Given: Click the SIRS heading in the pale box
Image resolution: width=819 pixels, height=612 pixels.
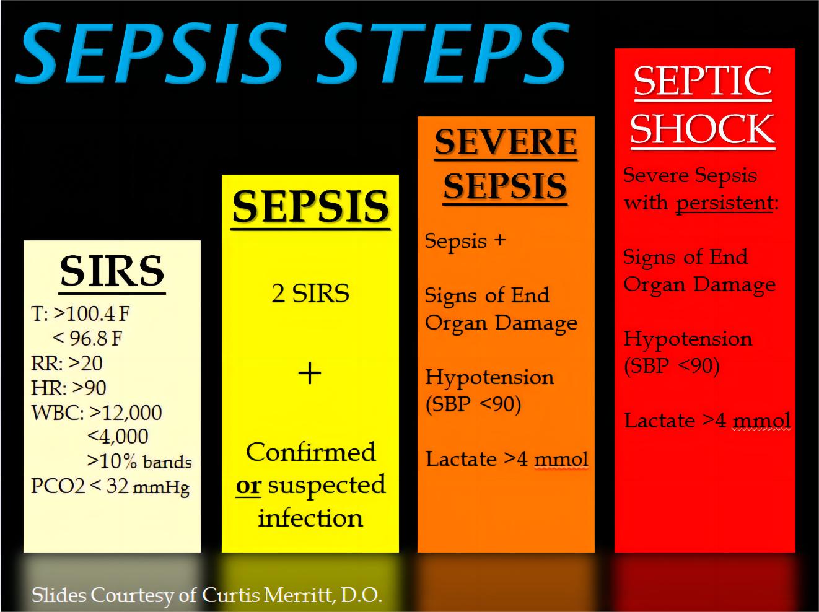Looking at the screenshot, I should (112, 271).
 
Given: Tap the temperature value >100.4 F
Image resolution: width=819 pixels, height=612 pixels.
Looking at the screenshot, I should (92, 313).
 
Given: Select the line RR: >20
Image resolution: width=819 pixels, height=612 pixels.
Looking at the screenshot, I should (67, 363).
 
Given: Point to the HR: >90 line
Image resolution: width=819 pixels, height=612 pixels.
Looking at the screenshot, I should (69, 388).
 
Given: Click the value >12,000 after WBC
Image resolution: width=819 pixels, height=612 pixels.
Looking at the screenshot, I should (126, 413).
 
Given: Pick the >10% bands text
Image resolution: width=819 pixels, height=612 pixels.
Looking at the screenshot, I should (139, 461).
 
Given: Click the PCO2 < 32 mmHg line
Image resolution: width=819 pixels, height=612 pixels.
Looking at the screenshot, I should (110, 486).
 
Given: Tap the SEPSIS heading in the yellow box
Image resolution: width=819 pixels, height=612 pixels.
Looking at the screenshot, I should (310, 206).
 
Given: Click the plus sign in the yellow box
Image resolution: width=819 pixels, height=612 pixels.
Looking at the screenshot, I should (310, 374).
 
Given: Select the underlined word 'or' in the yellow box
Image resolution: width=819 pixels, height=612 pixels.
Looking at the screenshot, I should (248, 486).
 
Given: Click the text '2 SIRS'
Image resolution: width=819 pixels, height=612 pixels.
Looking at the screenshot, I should (310, 293).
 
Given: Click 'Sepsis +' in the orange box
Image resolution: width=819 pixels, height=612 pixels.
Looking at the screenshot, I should (465, 240).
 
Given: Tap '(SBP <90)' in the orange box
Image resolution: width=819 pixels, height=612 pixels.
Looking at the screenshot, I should (473, 404).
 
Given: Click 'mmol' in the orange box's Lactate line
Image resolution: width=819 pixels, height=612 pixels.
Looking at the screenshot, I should (561, 460).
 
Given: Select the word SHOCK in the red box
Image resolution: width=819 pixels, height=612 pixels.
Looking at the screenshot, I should (703, 129).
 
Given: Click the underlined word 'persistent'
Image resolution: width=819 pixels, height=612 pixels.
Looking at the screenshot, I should (725, 203).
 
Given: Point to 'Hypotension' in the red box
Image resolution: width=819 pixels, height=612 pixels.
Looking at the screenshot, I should (688, 339).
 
